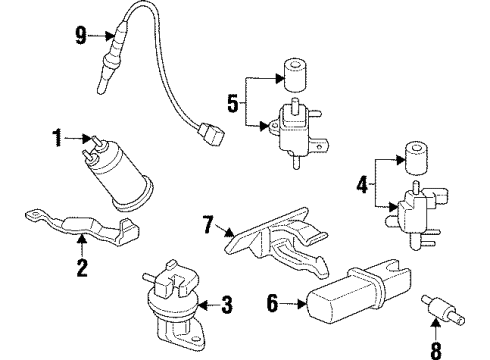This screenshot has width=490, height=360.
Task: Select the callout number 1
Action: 59,135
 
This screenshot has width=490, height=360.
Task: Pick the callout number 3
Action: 227,304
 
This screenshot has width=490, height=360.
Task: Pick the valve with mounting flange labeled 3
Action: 170,299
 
